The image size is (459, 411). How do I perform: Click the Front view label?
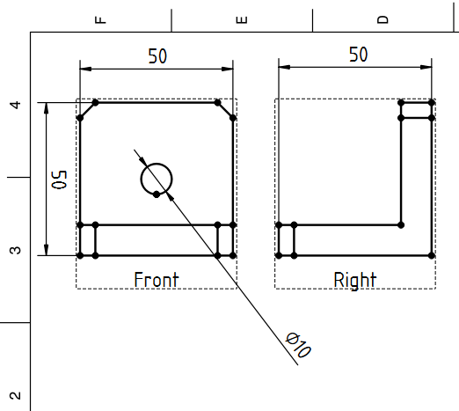tap(157, 280)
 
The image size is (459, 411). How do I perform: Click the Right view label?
tap(355, 280)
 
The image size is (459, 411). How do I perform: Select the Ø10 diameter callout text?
tap(298, 345)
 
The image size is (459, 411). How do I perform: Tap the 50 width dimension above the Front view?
tap(157, 56)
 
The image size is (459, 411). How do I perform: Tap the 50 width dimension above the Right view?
tap(358, 55)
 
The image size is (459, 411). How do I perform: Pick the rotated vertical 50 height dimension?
tap(59, 180)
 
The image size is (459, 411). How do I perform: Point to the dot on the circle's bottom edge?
tap(157, 194)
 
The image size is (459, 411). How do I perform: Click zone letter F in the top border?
tap(100, 19)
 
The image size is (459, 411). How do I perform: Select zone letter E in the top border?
tap(242, 19)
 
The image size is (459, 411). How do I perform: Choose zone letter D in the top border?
tap(382, 19)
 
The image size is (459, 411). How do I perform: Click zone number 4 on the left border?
tap(16, 105)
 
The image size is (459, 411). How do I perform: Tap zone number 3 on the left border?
tap(16, 250)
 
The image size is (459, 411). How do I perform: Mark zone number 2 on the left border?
tap(16, 396)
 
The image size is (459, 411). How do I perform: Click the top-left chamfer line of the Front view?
tap(87, 110)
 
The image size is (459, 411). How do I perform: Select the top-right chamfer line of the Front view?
tap(225, 110)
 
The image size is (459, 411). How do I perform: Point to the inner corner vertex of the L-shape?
tap(401, 225)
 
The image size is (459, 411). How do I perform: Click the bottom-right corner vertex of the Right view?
tap(432, 255)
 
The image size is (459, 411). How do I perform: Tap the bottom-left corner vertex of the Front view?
tap(80, 255)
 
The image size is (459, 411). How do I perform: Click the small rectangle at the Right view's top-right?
tap(416, 110)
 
